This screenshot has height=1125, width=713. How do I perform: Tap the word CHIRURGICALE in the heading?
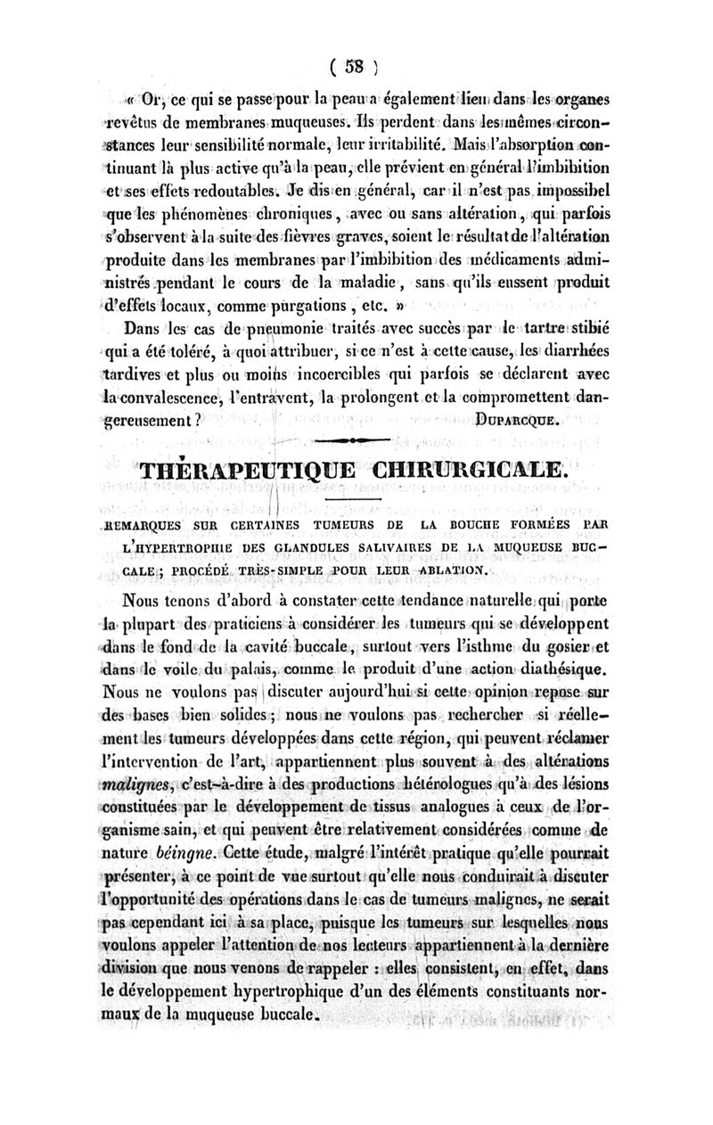click(466, 470)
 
